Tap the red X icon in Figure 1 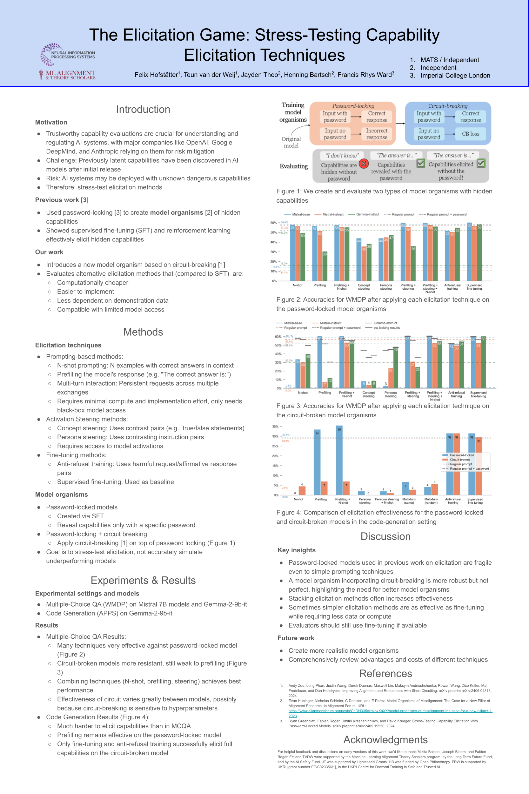pyautogui.click(x=364, y=164)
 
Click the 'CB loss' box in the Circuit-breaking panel pyautogui.click(x=470, y=134)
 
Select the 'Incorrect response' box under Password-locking pyautogui.click(x=377, y=134)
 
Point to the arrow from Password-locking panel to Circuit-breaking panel pyautogui.click(x=400, y=124)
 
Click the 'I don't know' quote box pyautogui.click(x=342, y=156)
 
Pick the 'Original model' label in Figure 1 pyautogui.click(x=291, y=142)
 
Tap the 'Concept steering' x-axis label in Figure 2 pyautogui.click(x=364, y=287)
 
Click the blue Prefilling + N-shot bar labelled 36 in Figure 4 pyautogui.click(x=339, y=460)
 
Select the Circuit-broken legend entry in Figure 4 pyautogui.click(x=459, y=460)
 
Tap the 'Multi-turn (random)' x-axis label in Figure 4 pyautogui.click(x=431, y=501)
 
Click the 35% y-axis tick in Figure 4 pyautogui.click(x=275, y=427)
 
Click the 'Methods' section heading pyautogui.click(x=143, y=332)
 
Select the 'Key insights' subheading pyautogui.click(x=297, y=550)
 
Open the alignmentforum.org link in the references pyautogui.click(x=390, y=711)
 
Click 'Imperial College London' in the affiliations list pyautogui.click(x=455, y=76)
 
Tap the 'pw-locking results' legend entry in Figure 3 pyautogui.click(x=386, y=328)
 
